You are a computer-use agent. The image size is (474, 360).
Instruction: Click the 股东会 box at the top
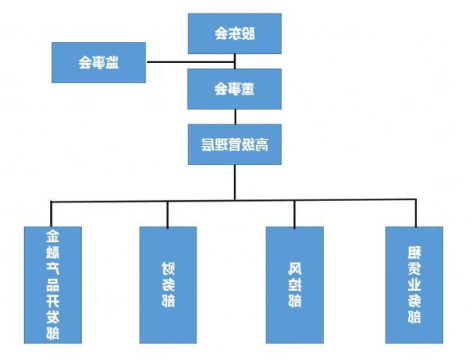tap(235, 33)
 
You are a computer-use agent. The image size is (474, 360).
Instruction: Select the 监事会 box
tap(98, 62)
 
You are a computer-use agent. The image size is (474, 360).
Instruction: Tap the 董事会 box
tap(235, 88)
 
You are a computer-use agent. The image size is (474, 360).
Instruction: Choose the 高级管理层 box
tap(235, 144)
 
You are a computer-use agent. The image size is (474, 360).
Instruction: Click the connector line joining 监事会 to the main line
tap(166, 62)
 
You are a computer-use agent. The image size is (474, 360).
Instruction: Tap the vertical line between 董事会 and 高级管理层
tap(235, 116)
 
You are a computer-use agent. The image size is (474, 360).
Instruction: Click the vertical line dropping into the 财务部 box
tap(168, 214)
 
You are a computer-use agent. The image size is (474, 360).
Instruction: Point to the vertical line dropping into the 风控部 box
tap(295, 214)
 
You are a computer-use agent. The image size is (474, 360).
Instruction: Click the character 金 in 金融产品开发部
tap(52, 237)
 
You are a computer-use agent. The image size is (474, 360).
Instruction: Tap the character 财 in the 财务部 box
tap(168, 268)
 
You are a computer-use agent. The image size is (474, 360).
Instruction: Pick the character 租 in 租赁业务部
tap(413, 252)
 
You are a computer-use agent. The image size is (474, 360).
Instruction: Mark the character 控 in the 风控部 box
tap(295, 285)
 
